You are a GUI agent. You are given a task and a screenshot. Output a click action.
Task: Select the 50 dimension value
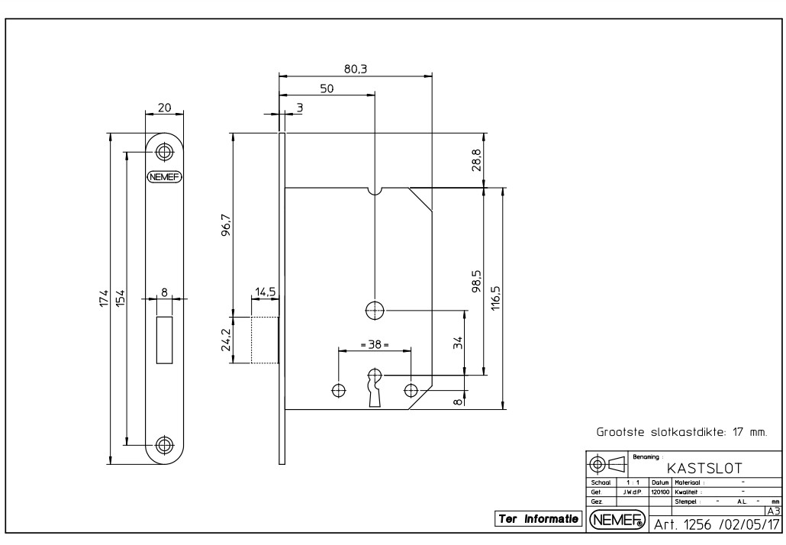click(326, 88)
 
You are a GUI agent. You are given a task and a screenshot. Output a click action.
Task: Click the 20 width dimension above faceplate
click(164, 108)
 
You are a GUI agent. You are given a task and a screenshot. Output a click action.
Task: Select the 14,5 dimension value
click(266, 292)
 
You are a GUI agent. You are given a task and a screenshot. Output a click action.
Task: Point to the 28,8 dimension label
click(476, 160)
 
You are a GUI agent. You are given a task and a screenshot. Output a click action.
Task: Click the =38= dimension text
click(374, 345)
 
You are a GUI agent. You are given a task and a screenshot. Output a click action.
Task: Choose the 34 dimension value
click(457, 342)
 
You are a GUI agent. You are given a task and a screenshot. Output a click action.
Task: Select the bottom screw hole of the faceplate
click(164, 444)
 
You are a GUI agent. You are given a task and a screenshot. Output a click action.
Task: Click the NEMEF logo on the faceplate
click(164, 176)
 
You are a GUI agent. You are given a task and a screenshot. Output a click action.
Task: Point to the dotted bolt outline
click(264, 340)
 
